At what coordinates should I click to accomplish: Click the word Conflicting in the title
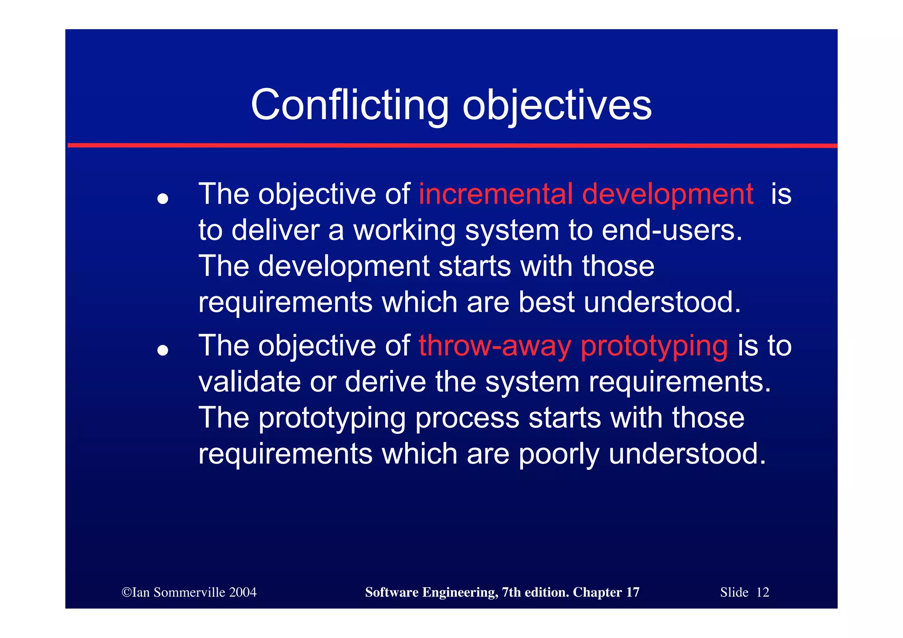[x=349, y=105]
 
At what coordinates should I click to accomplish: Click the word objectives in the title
[x=556, y=106]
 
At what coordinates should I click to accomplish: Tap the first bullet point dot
[x=163, y=199]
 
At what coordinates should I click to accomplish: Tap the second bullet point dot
[x=163, y=351]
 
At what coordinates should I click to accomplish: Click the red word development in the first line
[x=667, y=194]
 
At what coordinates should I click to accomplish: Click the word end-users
[x=672, y=230]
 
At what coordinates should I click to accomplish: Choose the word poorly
[x=559, y=454]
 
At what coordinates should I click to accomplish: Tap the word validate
[x=250, y=381]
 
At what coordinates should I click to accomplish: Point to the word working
[x=404, y=231]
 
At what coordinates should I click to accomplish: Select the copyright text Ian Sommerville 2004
[x=189, y=592]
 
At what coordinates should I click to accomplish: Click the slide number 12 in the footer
[x=762, y=592]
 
